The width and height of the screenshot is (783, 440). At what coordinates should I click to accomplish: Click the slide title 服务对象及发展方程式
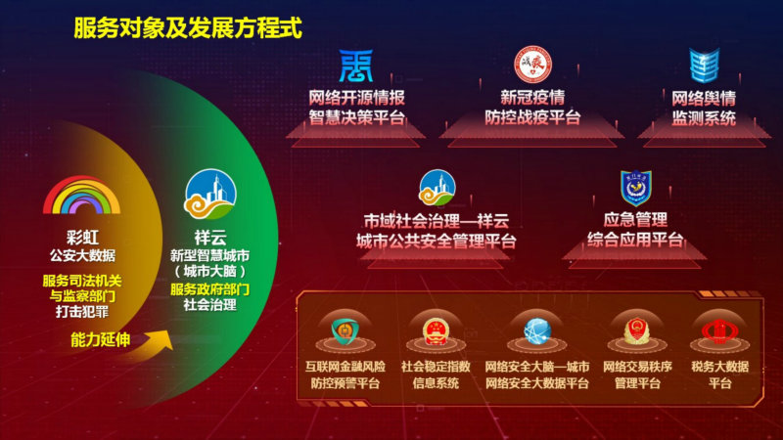(x=188, y=28)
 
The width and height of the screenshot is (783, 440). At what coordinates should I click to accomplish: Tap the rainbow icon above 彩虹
(x=82, y=195)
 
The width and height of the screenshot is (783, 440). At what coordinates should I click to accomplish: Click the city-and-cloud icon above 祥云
(x=209, y=194)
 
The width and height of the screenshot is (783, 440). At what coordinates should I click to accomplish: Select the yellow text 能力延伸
(x=101, y=339)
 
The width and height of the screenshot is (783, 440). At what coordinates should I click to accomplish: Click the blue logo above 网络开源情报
(x=356, y=66)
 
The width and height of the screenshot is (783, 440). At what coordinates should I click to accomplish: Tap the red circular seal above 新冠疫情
(x=532, y=65)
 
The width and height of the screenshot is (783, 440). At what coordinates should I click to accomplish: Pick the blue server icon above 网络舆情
(x=704, y=66)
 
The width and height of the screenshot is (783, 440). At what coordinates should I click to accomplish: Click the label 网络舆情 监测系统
(x=704, y=109)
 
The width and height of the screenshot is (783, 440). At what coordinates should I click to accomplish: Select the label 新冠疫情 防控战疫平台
(x=532, y=108)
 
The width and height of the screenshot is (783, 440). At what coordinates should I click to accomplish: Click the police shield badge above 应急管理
(x=635, y=188)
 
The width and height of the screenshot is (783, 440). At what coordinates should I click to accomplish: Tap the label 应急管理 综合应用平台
(x=635, y=230)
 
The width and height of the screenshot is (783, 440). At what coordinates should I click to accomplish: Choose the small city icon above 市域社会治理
(x=437, y=188)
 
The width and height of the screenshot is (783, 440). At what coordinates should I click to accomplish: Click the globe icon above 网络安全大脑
(x=537, y=331)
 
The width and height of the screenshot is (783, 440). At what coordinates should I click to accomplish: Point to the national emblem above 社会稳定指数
(x=436, y=331)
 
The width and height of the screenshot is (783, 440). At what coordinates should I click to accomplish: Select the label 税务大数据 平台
(x=719, y=374)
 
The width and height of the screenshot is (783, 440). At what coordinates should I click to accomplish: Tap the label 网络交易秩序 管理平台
(x=637, y=374)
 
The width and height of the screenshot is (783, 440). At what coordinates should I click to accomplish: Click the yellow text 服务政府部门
(x=209, y=289)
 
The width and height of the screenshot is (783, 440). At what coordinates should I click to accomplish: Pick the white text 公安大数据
(x=82, y=255)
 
